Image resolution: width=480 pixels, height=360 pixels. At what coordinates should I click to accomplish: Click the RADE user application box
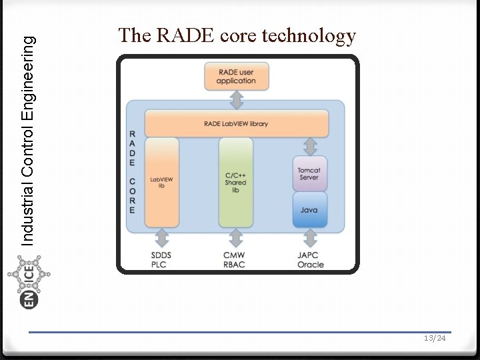point(236,76)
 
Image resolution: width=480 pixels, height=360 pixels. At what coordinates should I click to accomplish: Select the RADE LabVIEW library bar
point(237,124)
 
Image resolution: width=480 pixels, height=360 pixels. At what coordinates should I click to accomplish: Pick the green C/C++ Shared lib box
point(236,182)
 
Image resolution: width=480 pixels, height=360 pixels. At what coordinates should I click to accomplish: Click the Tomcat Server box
point(309,173)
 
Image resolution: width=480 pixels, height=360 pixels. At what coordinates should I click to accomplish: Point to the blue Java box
point(309,210)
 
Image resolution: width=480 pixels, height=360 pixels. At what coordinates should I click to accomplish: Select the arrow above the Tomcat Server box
point(309,145)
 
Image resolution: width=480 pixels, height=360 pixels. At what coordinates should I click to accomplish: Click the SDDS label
point(162,255)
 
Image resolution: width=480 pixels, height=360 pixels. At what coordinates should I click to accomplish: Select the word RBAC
point(234,265)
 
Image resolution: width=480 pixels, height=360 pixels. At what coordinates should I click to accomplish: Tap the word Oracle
point(311,265)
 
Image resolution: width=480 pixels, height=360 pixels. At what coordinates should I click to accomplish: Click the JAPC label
point(308,255)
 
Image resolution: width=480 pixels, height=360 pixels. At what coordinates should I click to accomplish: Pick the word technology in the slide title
point(309,35)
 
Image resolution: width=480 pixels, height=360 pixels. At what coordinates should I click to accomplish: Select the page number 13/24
point(435,339)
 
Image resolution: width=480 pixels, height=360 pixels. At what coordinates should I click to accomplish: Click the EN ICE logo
point(31,283)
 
